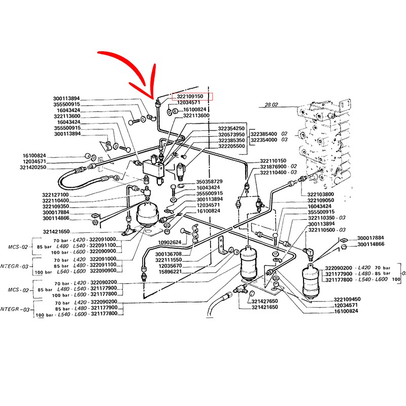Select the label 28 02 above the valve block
(272, 106)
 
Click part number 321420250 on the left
(33, 167)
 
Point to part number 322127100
(55, 194)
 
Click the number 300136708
(171, 253)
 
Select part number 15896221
(171, 272)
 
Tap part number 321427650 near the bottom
(264, 301)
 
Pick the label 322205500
(231, 146)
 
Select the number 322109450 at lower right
(347, 299)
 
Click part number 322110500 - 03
(330, 230)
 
